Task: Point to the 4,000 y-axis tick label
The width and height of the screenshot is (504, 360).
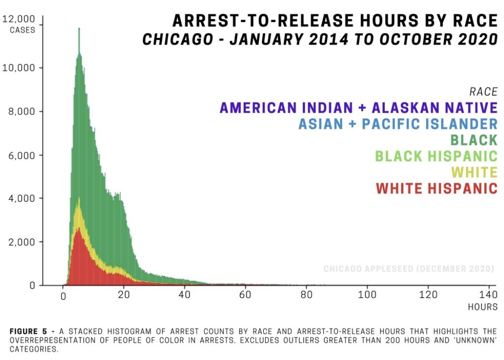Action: point(20,198)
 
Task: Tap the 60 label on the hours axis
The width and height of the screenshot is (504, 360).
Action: point(245,296)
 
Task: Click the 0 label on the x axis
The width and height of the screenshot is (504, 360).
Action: point(63,296)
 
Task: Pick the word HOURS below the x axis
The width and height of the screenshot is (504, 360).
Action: point(482,307)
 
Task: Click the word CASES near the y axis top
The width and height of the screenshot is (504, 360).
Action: point(23,30)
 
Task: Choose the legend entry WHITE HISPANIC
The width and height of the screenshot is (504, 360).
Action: point(437,189)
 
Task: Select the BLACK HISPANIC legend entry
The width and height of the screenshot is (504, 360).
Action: point(436,156)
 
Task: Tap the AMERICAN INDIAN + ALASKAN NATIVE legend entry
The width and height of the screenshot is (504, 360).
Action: point(359,107)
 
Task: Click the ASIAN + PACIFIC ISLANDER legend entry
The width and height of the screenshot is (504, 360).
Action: point(398,124)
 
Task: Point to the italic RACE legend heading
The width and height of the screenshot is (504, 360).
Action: point(483,92)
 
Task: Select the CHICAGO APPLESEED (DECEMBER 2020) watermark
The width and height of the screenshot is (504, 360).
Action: point(409,269)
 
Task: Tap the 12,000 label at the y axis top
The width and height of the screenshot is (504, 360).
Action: point(19,19)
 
